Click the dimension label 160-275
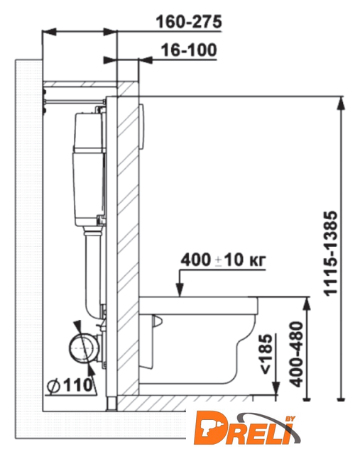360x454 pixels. point(189,22)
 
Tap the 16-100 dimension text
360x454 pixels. point(189,50)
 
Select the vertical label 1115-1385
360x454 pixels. point(331,253)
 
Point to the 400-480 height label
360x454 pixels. point(296,354)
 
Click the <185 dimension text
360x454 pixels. point(266,354)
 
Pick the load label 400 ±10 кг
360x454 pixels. point(223,260)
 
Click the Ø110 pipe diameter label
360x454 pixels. point(70,385)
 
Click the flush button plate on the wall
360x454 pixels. point(142,126)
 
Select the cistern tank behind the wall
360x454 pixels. point(89,169)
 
